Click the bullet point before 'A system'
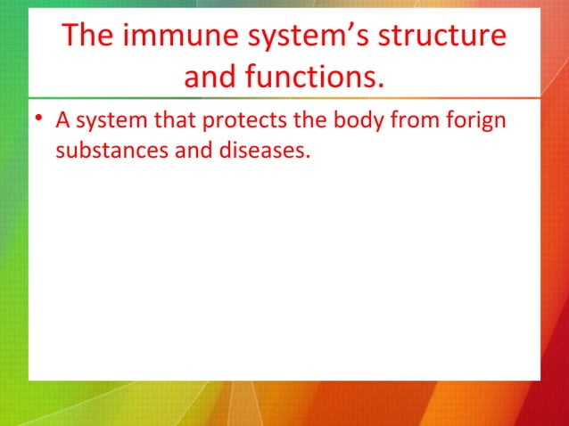pos(41,119)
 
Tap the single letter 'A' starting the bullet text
pos(62,119)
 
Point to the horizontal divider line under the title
pos(284,97)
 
